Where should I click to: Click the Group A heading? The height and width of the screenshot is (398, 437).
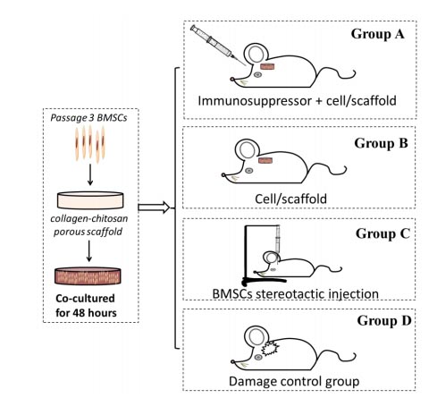(x=377, y=34)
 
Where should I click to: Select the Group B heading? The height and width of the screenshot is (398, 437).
(x=381, y=143)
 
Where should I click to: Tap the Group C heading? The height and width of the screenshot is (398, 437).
(x=382, y=233)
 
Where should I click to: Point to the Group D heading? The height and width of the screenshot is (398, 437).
(x=384, y=321)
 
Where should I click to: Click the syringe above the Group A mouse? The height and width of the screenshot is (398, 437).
(x=217, y=45)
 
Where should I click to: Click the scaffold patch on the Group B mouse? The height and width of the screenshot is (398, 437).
(x=265, y=161)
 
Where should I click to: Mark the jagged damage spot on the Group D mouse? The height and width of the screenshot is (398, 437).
(x=270, y=348)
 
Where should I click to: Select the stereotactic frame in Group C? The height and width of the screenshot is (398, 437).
(x=246, y=253)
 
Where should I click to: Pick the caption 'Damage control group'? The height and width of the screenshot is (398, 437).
(x=294, y=381)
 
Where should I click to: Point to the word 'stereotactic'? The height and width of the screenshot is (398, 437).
(x=287, y=294)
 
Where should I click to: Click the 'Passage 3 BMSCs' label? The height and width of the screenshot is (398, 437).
(x=88, y=118)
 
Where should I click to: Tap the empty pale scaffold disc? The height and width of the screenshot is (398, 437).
(x=90, y=200)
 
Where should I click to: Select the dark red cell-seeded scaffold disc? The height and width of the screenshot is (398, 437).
(x=88, y=275)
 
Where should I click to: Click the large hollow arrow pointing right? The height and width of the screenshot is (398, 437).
(x=154, y=207)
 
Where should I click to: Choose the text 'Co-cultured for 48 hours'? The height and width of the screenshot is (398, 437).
(x=86, y=306)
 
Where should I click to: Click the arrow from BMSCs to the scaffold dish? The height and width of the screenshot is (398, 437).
(x=90, y=174)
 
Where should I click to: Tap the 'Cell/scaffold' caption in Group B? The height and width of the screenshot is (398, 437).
(x=290, y=199)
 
